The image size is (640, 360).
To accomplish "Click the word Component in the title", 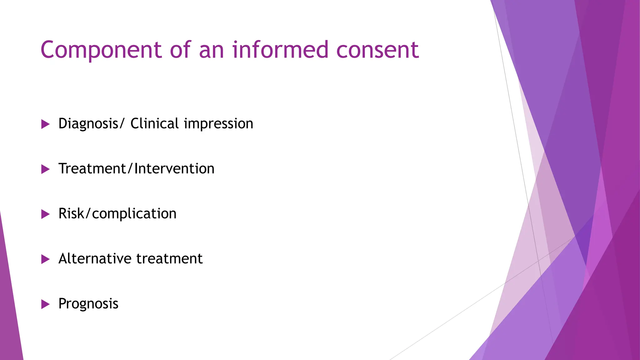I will pyautogui.click(x=101, y=50).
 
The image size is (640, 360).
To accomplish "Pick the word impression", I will pyautogui.click(x=218, y=124).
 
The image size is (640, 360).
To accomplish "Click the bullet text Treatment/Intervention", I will pyautogui.click(x=136, y=169).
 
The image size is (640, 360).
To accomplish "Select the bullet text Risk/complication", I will pyautogui.click(x=117, y=214).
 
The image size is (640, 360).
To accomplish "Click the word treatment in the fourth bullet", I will pyautogui.click(x=169, y=259).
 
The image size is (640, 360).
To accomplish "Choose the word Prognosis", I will pyautogui.click(x=88, y=304).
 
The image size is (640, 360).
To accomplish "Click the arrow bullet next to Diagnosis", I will pyautogui.click(x=45, y=124).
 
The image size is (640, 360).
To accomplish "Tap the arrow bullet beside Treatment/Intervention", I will pyautogui.click(x=45, y=169).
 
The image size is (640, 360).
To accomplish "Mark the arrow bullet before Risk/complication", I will pyautogui.click(x=45, y=214).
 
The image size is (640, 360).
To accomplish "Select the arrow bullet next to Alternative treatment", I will pyautogui.click(x=45, y=259).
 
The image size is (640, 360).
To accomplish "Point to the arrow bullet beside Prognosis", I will pyautogui.click(x=45, y=304).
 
